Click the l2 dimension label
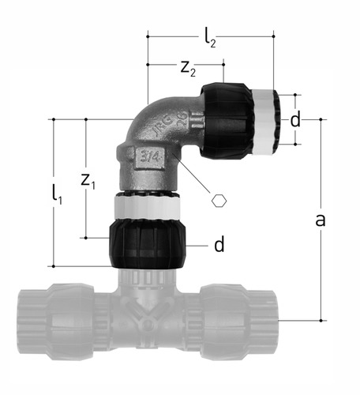[210, 39]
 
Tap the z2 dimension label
[188, 70]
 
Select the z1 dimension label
[88, 182]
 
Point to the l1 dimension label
[57, 194]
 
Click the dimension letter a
[321, 220]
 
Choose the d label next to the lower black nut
[219, 244]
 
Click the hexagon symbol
[219, 201]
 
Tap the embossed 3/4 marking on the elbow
[150, 157]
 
